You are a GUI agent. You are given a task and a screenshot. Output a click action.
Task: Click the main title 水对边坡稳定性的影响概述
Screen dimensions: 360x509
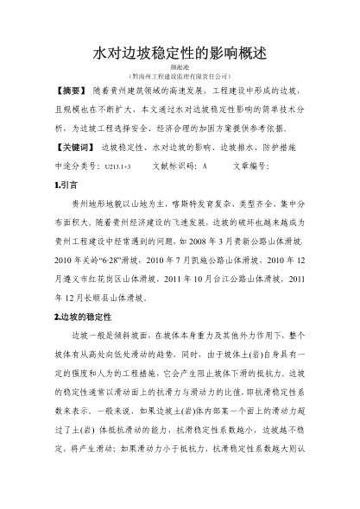coord(180,53)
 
